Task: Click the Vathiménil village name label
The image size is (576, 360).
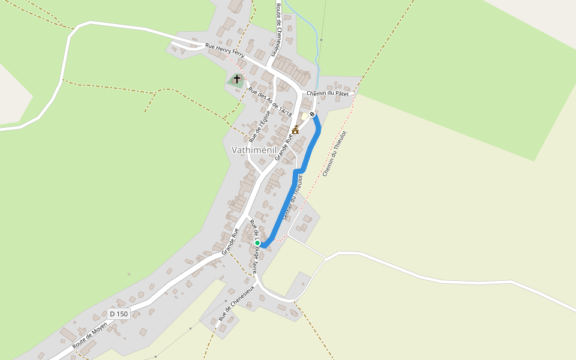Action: (257, 150)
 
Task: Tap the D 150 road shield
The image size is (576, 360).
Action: (119, 314)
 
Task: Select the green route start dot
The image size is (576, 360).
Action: (257, 243)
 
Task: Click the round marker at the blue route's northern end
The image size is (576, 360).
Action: (313, 114)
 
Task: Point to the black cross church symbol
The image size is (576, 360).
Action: (236, 79)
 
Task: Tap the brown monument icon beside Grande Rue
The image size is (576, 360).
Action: (295, 130)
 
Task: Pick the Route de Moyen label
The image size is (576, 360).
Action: (90, 335)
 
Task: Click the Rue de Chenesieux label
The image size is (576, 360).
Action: (236, 302)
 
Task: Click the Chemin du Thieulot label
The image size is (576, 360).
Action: (335, 154)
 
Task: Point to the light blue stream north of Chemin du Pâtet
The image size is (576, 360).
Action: (308, 30)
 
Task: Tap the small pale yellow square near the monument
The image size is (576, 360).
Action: (305, 116)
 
